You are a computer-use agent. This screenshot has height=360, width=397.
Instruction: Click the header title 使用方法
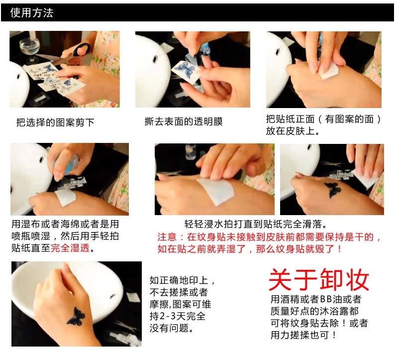[x=32, y=12]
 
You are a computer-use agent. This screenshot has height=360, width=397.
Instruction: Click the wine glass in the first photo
[x=28, y=49]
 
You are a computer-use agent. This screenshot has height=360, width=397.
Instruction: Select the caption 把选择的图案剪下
[x=55, y=122]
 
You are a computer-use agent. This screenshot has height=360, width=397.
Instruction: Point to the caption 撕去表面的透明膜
[x=184, y=121]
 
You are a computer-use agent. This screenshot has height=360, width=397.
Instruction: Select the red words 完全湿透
[x=70, y=248]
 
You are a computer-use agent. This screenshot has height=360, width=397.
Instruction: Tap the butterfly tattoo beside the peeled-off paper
[x=332, y=190]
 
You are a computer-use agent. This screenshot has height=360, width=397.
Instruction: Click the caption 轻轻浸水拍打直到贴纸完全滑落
[x=256, y=224]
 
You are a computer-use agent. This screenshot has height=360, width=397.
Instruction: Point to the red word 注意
[x=167, y=237]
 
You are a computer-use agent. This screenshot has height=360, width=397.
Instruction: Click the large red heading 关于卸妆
[x=319, y=280]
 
